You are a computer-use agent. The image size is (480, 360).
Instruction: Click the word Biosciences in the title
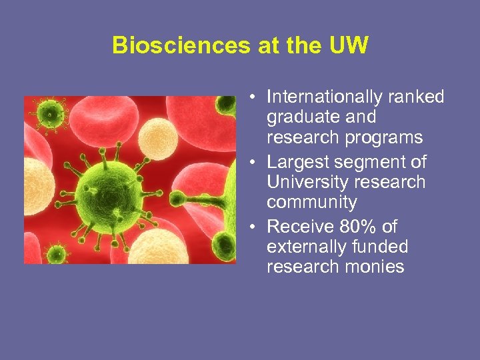pyautogui.click(x=170, y=45)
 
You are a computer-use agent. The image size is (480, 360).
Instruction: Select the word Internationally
pyautogui.click(x=321, y=97)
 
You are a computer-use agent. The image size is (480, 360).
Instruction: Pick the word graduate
pyautogui.click(x=297, y=117)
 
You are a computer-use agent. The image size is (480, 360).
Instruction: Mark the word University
pyautogui.click(x=303, y=182)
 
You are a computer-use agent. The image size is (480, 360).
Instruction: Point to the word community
pyautogui.click(x=311, y=202)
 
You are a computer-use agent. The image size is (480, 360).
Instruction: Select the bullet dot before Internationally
pyautogui.click(x=255, y=98)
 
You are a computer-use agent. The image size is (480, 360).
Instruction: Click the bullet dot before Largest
pyautogui.click(x=255, y=163)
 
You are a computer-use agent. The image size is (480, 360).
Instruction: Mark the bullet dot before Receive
pyautogui.click(x=255, y=227)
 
